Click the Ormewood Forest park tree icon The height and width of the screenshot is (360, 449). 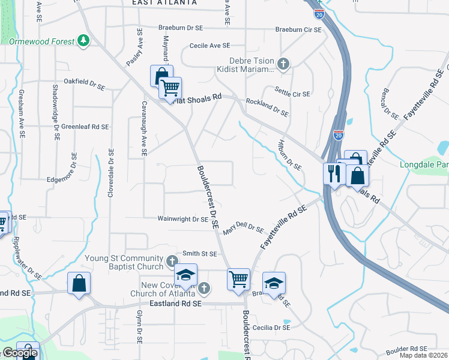point(84,41)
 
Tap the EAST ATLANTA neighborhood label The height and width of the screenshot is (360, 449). point(164,3)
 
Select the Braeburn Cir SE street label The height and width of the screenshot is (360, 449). point(298,29)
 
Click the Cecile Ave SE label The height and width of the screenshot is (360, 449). point(209,46)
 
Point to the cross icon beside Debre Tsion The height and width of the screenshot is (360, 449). point(284,62)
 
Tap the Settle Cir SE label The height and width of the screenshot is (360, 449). point(292,94)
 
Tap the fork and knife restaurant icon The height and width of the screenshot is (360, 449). point(332,173)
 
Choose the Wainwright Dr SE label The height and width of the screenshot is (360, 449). point(182,220)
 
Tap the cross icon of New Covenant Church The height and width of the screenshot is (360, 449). point(204,289)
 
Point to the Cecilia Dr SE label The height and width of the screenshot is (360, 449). point(274,328)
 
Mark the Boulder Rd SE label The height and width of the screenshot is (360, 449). point(406,349)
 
